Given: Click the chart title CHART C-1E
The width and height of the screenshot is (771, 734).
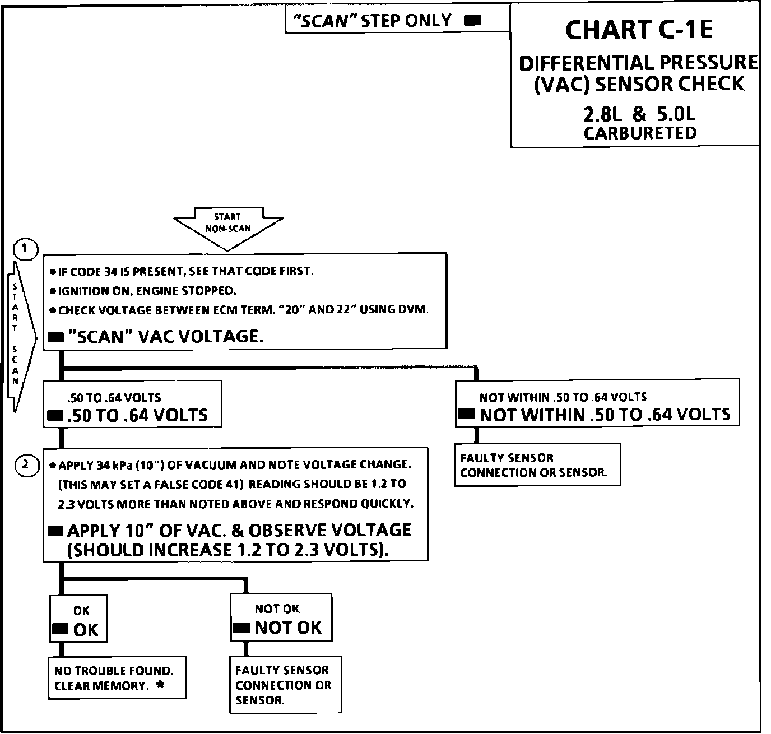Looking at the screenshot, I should click(x=638, y=30).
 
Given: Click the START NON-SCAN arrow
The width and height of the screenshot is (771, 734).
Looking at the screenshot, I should click(x=227, y=226).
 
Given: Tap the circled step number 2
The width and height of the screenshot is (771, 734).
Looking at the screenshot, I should click(x=26, y=464).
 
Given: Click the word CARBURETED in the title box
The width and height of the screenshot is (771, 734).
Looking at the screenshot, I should click(x=640, y=133).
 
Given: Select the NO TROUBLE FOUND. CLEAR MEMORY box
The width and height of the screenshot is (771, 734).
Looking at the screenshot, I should click(x=117, y=678).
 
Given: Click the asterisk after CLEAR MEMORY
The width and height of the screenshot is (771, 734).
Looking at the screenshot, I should click(x=160, y=685).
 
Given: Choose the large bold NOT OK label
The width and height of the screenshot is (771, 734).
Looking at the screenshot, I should click(x=288, y=628).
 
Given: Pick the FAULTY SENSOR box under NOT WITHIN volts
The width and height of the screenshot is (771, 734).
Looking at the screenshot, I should click(x=537, y=465).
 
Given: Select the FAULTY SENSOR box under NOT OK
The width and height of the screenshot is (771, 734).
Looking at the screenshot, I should click(x=285, y=685).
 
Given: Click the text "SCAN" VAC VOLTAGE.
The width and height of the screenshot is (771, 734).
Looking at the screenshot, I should click(x=165, y=336).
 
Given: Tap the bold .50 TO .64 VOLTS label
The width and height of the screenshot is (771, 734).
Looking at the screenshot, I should click(x=137, y=415).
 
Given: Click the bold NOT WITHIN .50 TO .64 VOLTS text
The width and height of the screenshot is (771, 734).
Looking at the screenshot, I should click(x=605, y=415).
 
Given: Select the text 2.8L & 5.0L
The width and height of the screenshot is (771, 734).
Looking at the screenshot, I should click(x=639, y=114).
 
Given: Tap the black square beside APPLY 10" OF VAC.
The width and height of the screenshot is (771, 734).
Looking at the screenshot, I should click(x=55, y=531).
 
